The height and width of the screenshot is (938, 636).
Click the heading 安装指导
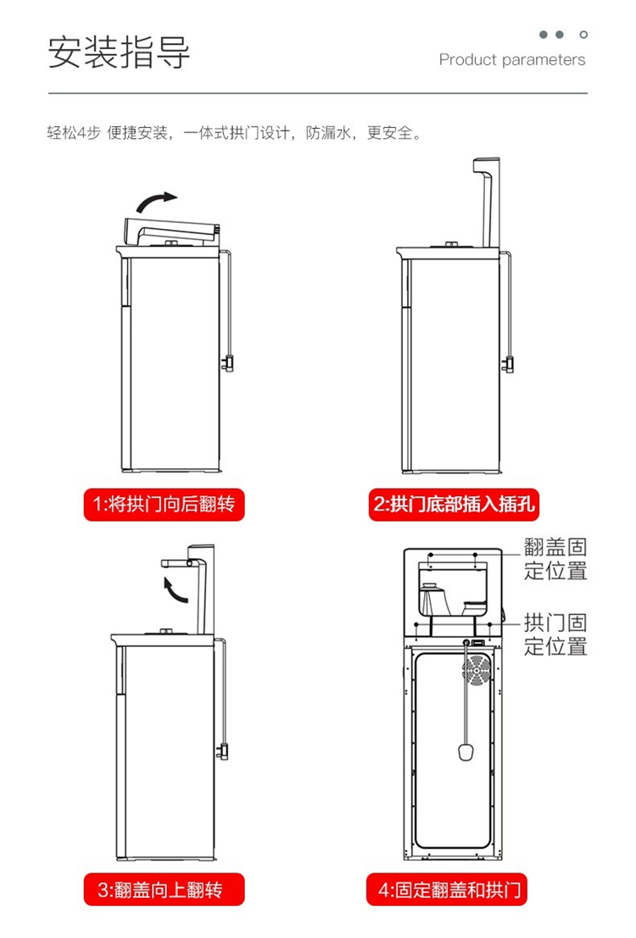pos(119,52)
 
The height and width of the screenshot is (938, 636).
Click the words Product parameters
pos(512,60)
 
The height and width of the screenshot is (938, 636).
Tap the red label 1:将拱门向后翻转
pos(164,505)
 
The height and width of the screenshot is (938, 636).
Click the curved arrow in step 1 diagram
pos(158,201)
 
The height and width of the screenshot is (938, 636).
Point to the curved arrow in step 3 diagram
pos(176,588)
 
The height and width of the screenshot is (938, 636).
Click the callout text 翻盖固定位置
pos(555,559)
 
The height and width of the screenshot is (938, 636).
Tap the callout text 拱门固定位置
pos(555,635)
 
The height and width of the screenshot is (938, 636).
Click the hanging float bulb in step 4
pos(465,752)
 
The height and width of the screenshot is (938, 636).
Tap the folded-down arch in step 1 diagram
pos(170,229)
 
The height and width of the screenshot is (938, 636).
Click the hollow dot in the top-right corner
pos(583,35)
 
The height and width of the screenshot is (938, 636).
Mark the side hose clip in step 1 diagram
pos(227,363)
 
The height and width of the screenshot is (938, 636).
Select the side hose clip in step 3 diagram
pos(224,750)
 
